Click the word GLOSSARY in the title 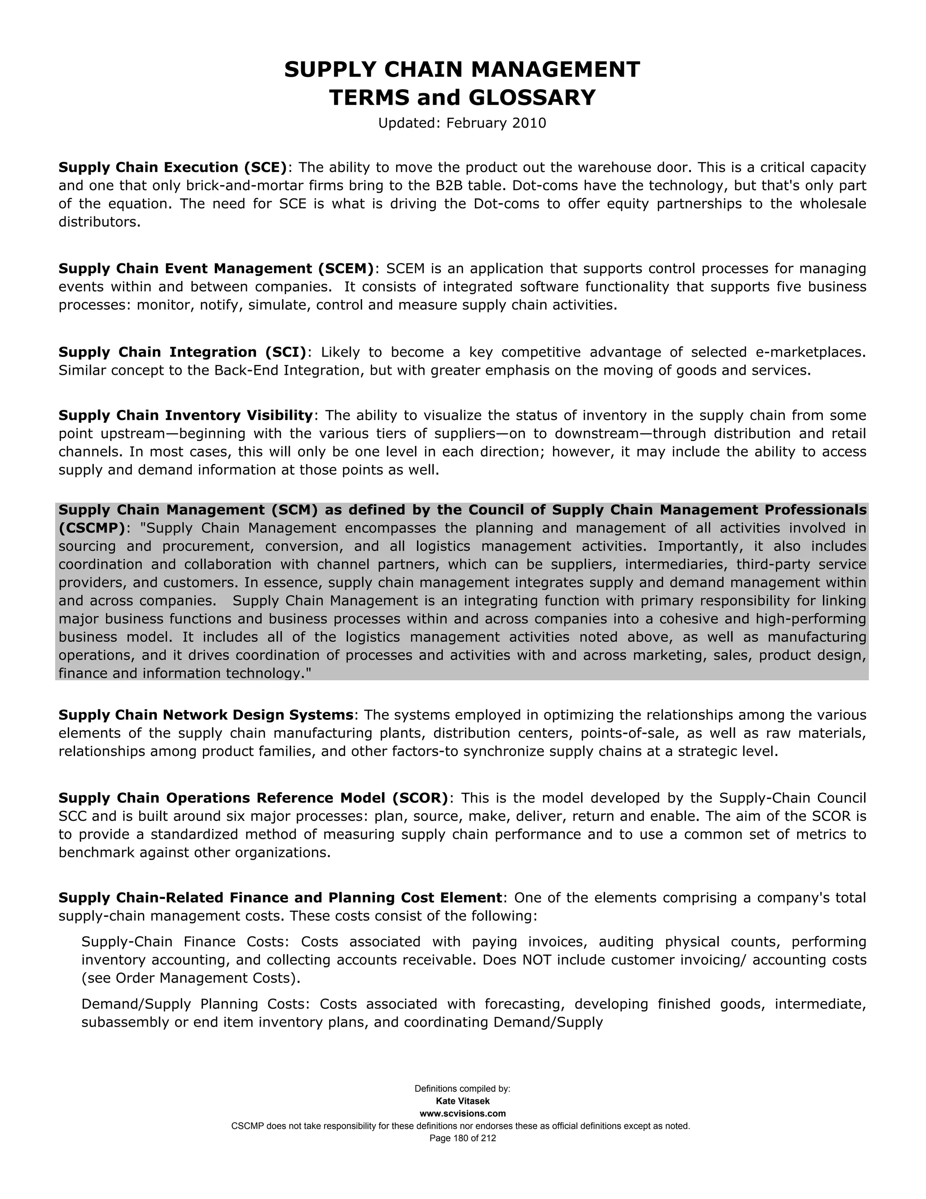pyautogui.click(x=532, y=98)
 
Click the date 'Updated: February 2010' pyautogui.click(x=462, y=123)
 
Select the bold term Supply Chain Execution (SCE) pyautogui.click(x=173, y=167)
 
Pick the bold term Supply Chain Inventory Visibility pyautogui.click(x=185, y=416)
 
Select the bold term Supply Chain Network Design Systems pyautogui.click(x=206, y=715)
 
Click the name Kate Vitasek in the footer pyautogui.click(x=463, y=1101)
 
